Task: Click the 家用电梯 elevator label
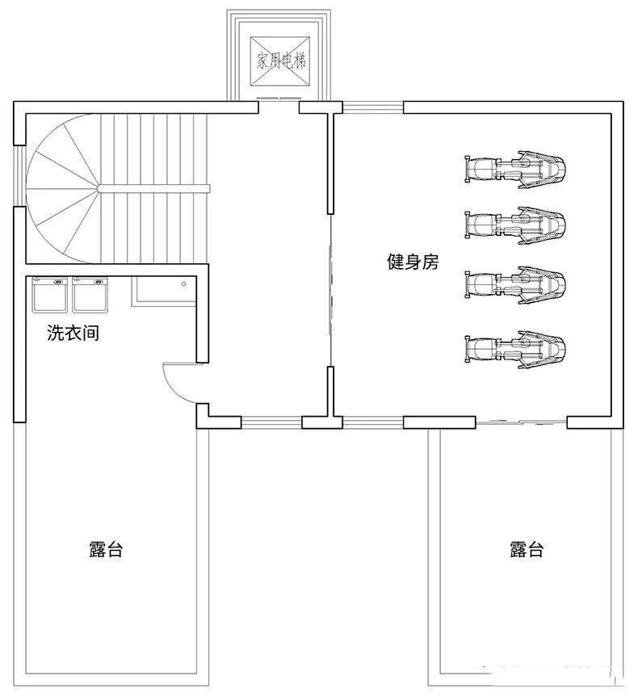(281, 61)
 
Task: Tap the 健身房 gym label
(413, 262)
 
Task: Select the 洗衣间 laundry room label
(73, 333)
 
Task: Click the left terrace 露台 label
(106, 550)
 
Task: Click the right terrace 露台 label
(527, 550)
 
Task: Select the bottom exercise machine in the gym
(515, 348)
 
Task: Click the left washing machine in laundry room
(49, 295)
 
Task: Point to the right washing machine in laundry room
(90, 295)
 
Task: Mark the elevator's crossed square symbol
(281, 61)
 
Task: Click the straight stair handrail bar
(154, 188)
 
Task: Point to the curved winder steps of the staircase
(61, 190)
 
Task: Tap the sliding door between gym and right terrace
(521, 422)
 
